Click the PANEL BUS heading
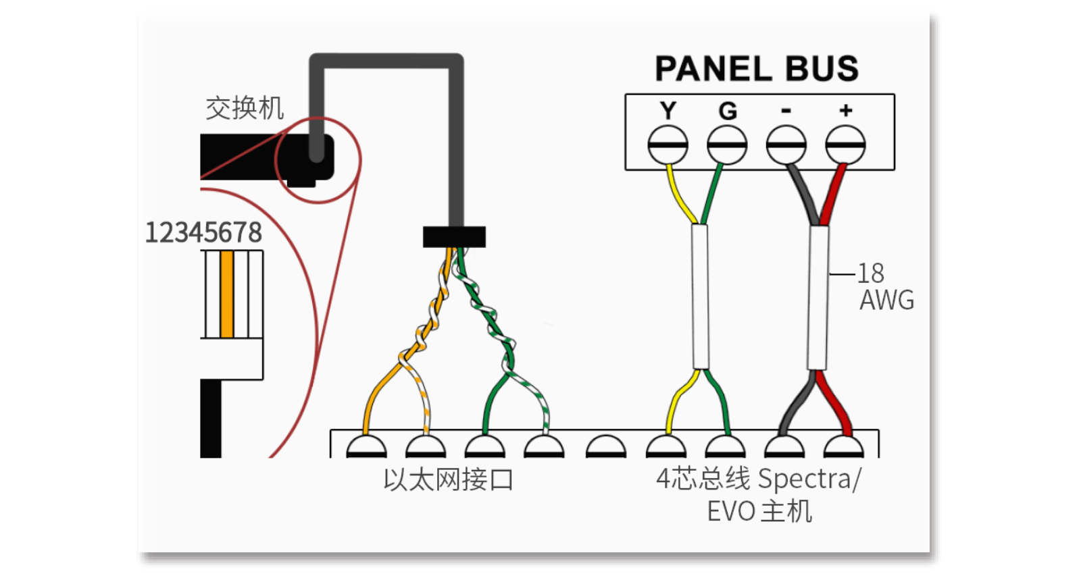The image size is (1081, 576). pyautogui.click(x=756, y=69)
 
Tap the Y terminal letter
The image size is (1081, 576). pyautogui.click(x=668, y=110)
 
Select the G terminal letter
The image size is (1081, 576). pyautogui.click(x=727, y=111)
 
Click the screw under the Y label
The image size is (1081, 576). pyautogui.click(x=668, y=145)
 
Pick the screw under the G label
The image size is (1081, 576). pyautogui.click(x=727, y=145)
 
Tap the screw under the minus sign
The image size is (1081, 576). pyautogui.click(x=786, y=145)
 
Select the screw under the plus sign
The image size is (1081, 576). pyautogui.click(x=845, y=145)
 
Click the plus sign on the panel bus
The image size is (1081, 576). pyautogui.click(x=846, y=110)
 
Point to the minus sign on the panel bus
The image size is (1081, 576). pyautogui.click(x=786, y=111)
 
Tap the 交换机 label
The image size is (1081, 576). pyautogui.click(x=245, y=108)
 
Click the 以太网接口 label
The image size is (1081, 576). pyautogui.click(x=448, y=479)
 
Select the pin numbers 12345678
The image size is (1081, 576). pyautogui.click(x=203, y=233)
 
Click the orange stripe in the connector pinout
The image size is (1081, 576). pyautogui.click(x=227, y=294)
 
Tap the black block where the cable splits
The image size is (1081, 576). pyautogui.click(x=454, y=237)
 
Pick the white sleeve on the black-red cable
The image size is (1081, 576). pyautogui.click(x=818, y=297)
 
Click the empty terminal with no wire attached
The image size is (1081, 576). pyautogui.click(x=605, y=447)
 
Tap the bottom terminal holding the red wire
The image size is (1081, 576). pyautogui.click(x=844, y=447)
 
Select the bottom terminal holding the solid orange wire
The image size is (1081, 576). pyautogui.click(x=366, y=447)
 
